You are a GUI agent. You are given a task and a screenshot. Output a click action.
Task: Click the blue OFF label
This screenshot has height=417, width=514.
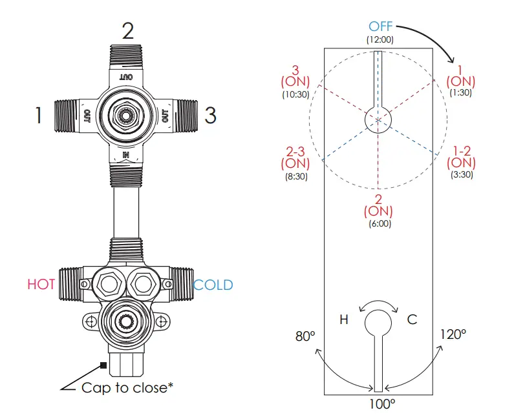click(381, 26)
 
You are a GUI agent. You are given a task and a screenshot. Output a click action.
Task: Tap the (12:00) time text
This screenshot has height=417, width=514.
click(381, 39)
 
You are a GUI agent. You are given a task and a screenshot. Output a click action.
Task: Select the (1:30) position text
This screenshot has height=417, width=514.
click(461, 93)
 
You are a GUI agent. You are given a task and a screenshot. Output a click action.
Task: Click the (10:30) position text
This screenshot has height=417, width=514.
click(295, 94)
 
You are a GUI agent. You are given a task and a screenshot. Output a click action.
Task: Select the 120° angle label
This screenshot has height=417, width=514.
click(452, 334)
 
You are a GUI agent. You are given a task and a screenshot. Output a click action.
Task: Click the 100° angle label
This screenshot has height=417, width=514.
click(381, 404)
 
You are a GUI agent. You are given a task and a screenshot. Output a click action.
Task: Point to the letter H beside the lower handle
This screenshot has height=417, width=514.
click(345, 319)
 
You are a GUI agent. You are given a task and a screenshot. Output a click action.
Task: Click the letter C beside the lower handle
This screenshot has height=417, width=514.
click(411, 319)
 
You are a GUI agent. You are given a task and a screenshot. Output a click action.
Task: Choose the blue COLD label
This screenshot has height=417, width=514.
click(213, 285)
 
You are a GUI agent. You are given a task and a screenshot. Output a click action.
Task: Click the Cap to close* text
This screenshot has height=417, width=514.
click(127, 388)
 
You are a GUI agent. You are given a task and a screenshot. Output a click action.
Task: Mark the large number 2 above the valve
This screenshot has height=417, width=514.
click(128, 30)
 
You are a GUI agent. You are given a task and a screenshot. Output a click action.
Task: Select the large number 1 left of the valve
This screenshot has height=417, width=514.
click(39, 116)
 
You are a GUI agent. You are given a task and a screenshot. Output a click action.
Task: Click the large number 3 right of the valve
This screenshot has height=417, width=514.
click(210, 116)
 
